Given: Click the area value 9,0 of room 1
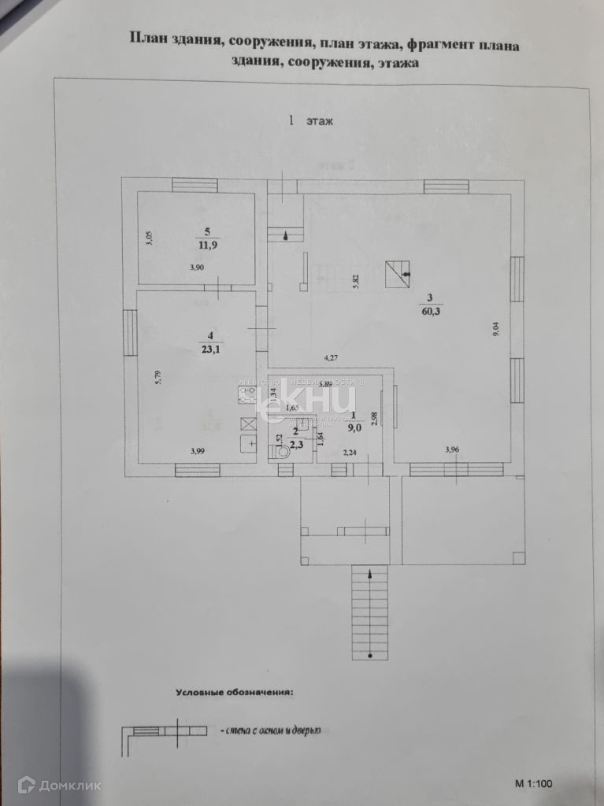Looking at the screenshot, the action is (x=355, y=429).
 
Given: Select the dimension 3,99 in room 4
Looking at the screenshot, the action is (x=198, y=451).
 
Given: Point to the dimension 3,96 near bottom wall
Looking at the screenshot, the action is (x=452, y=449).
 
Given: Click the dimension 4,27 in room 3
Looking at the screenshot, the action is (x=332, y=359).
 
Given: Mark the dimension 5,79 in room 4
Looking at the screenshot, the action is (x=158, y=378).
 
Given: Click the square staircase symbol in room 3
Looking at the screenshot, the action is (x=398, y=275).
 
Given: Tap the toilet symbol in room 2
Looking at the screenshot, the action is (x=273, y=452).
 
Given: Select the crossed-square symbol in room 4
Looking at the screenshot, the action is (x=246, y=420).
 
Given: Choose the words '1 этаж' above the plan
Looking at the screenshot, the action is (x=311, y=121).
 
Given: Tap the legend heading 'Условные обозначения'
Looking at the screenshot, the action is (x=234, y=693).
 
